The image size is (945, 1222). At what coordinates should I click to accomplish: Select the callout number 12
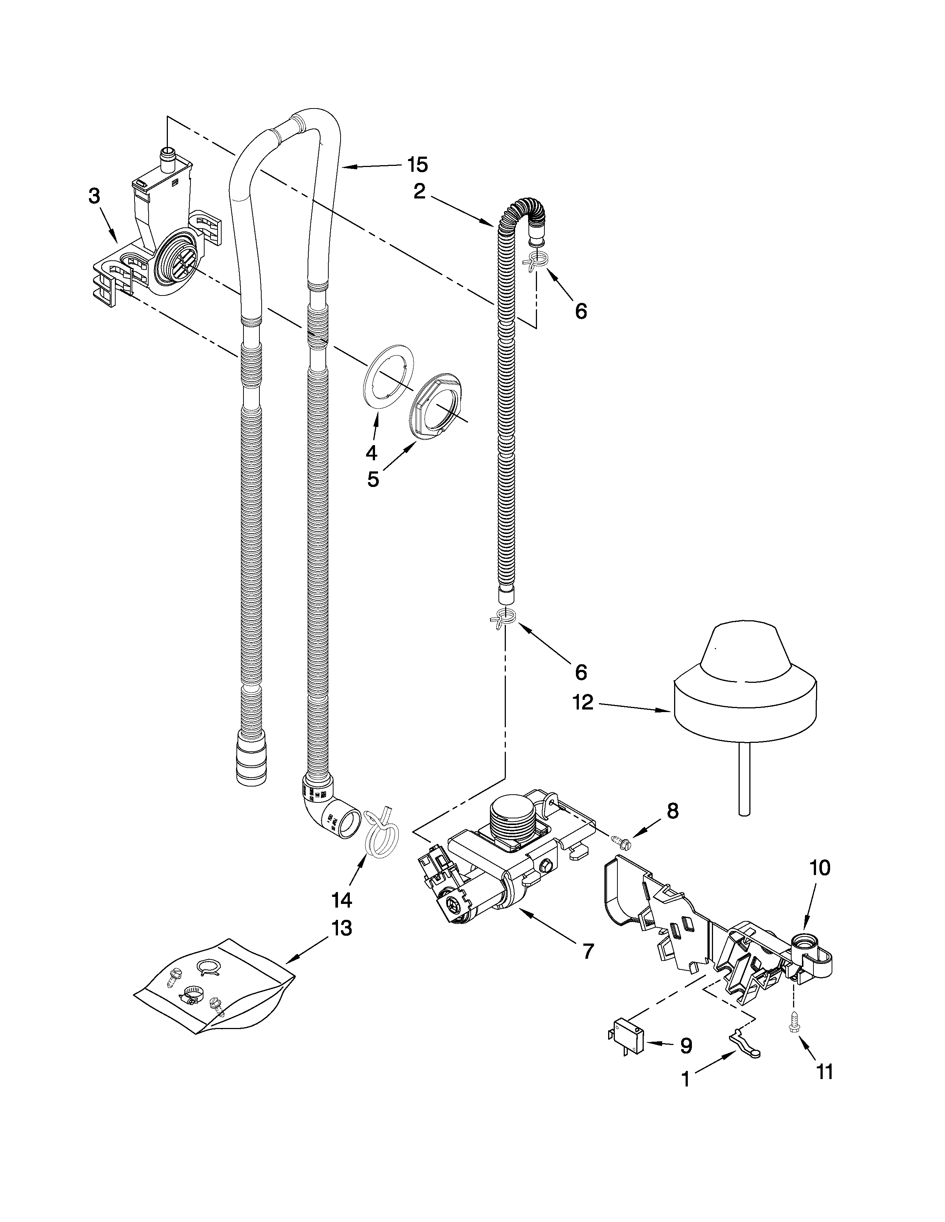click(583, 702)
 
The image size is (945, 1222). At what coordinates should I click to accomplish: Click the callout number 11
click(825, 1072)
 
